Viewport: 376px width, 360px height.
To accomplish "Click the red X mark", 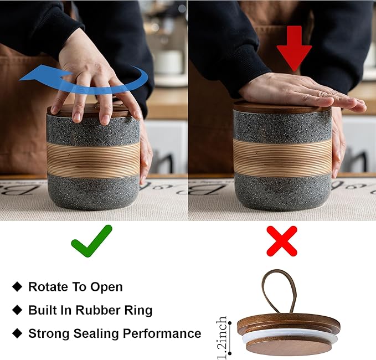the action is click(282, 241).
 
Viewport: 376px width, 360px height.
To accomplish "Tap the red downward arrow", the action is click(294, 48).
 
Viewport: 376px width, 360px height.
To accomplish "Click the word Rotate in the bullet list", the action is click(47, 287).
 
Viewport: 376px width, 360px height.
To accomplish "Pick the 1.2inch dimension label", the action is click(222, 338).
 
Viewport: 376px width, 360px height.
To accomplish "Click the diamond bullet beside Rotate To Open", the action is click(17, 286).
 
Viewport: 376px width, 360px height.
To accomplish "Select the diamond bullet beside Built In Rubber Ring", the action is click(17, 310).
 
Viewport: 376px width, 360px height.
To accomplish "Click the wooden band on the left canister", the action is click(94, 160).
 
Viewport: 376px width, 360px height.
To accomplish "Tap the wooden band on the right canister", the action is click(282, 157).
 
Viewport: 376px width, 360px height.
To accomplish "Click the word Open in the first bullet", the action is click(106, 287).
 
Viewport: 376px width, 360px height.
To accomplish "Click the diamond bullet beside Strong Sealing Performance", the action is click(17, 333).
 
